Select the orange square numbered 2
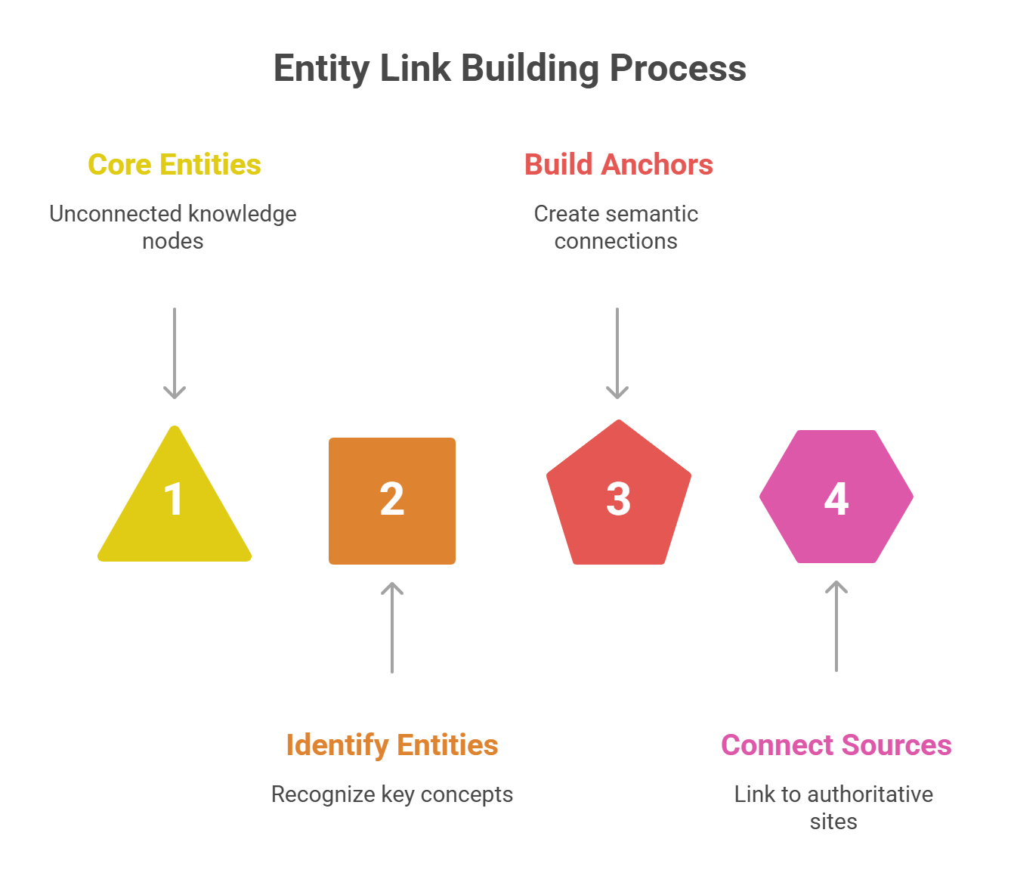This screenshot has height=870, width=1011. (391, 500)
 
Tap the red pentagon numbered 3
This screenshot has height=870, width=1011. (618, 499)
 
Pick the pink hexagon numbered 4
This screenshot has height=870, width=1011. (836, 497)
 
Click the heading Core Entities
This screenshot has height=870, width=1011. (175, 165)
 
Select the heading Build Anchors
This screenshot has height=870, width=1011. (618, 165)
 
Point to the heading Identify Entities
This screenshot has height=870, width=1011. (391, 745)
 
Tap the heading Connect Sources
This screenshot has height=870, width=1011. (836, 745)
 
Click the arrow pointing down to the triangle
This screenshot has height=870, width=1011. (175, 353)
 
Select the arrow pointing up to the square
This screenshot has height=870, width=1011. (391, 627)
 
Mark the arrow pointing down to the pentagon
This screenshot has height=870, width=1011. (617, 353)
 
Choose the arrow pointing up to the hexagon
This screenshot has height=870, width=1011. (836, 626)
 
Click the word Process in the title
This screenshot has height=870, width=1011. (678, 69)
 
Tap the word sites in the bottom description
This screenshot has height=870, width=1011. (833, 822)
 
